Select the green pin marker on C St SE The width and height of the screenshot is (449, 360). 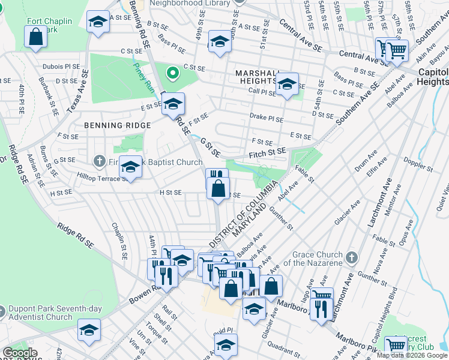(173, 74)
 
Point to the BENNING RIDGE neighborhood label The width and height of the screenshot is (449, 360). (113, 125)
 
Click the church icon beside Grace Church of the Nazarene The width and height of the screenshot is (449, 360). (352, 258)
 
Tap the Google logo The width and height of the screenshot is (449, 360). (20, 353)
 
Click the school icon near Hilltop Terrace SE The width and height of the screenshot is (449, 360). (130, 168)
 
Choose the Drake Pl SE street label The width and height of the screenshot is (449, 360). (266, 119)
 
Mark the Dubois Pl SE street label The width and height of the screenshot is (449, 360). (61, 67)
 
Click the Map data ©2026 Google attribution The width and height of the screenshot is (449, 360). (411, 355)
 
